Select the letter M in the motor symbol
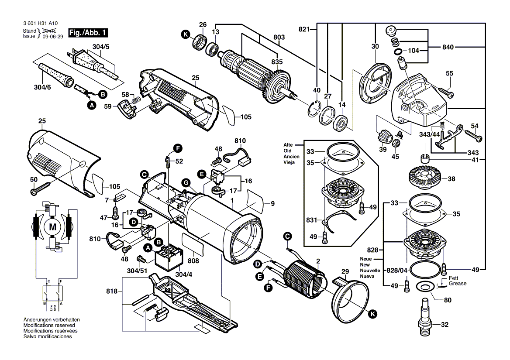[x=53, y=226]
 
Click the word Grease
[x=458, y=284]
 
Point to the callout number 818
[x=112, y=291]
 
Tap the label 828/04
[x=396, y=271]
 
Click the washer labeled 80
[x=422, y=287]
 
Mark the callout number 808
[x=193, y=261]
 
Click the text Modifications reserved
[x=49, y=326]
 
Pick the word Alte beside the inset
[x=288, y=145]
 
